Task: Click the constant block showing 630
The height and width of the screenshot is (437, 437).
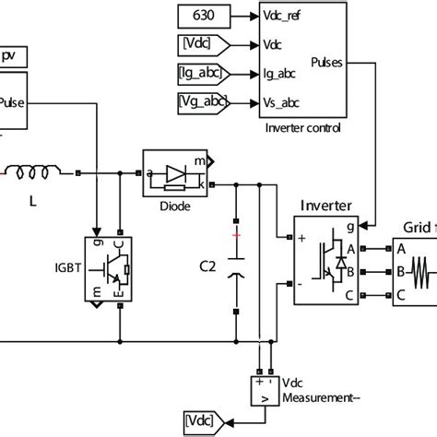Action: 201,16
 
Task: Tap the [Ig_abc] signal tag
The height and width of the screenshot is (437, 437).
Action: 201,72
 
